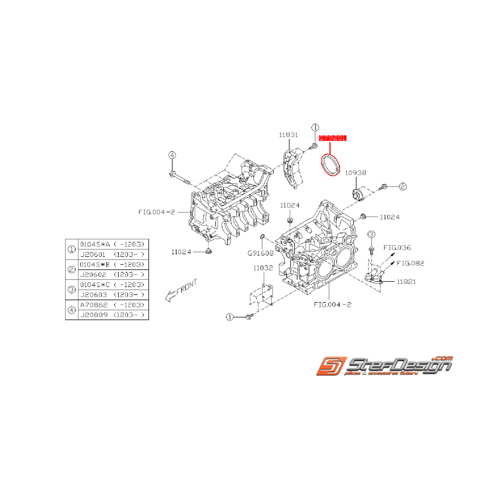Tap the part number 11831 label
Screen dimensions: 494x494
288,135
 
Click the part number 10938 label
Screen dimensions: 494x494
356,173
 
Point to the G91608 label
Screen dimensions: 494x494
261,253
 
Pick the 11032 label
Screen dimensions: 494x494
263,268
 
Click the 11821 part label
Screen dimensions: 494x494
406,281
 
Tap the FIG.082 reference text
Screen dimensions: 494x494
410,263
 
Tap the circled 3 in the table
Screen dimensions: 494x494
72,290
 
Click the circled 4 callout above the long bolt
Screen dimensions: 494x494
172,155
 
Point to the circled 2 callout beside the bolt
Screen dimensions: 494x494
403,186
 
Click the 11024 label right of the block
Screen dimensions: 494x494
389,217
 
